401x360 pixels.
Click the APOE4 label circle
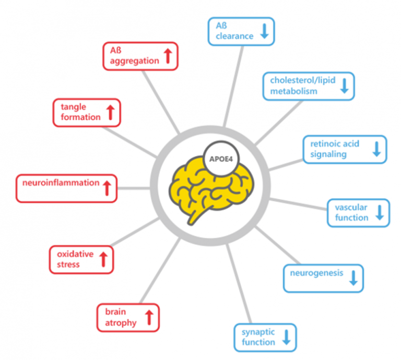221,159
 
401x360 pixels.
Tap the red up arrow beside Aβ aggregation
168,56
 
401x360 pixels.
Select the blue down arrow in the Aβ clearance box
264,31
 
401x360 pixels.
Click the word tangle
74,107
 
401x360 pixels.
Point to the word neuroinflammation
61,183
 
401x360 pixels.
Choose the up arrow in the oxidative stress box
103,259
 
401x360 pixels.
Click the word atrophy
121,323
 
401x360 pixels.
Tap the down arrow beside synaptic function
287,337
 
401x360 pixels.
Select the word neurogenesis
316,273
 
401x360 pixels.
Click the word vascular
351,207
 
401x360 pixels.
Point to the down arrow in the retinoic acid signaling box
376,149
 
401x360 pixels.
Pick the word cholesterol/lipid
303,80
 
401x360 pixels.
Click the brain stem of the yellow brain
196,217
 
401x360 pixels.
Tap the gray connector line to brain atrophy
160,271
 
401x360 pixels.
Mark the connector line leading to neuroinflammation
134,188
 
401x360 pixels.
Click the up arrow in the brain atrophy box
149,318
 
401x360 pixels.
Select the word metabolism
293,91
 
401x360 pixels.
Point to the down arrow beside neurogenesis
353,278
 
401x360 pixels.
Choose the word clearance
234,37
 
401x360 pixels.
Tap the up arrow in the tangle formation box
111,112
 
